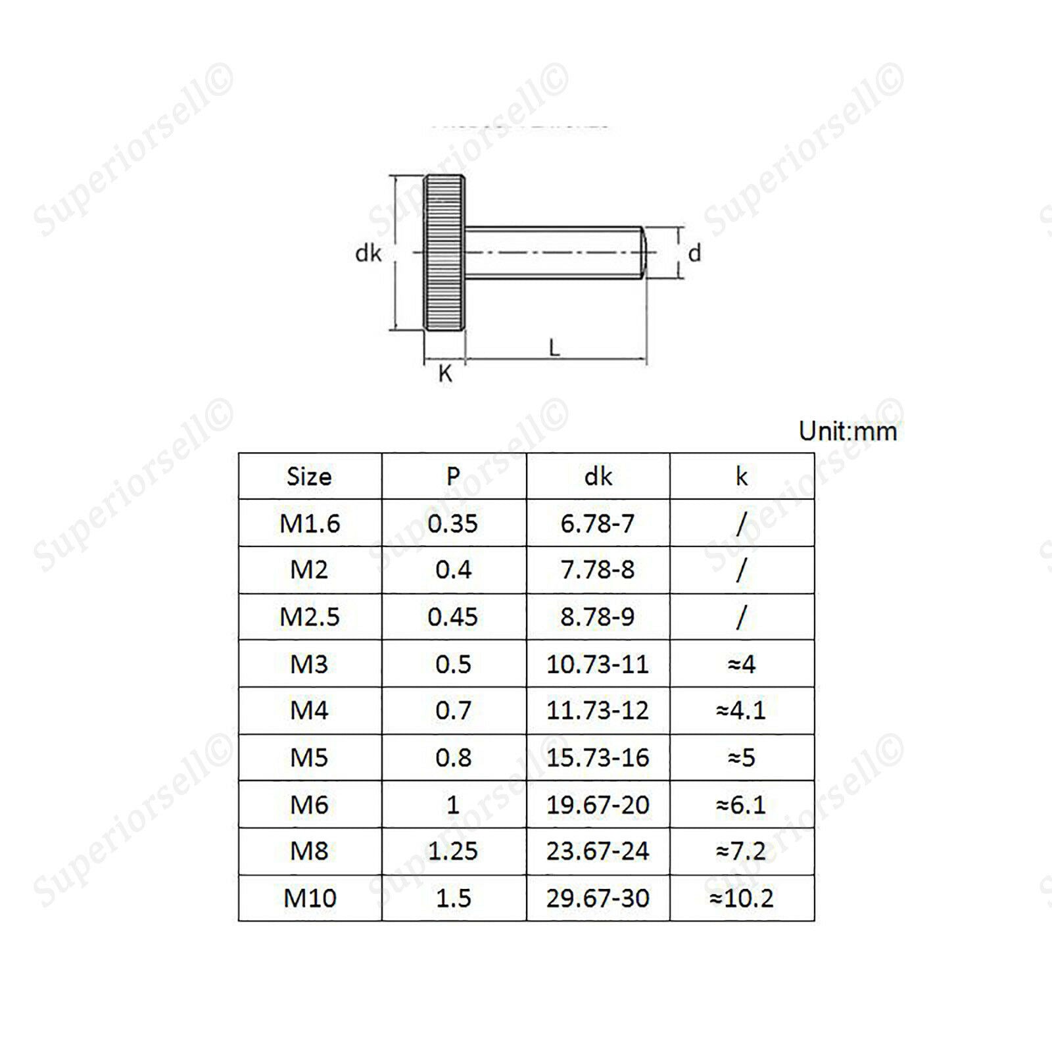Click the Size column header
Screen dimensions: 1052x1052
(x=309, y=477)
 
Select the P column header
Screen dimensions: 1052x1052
(x=453, y=476)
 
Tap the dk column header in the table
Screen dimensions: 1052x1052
(x=598, y=477)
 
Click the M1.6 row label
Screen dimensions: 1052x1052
(x=310, y=523)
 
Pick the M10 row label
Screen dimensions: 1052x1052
(x=310, y=897)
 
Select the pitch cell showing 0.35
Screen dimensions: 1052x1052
(x=453, y=523)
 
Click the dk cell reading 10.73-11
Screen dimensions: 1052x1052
(x=598, y=664)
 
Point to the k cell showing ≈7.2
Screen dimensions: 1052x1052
(x=741, y=851)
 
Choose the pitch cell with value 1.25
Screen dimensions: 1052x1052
(x=453, y=851)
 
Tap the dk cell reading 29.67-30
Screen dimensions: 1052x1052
(x=598, y=897)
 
